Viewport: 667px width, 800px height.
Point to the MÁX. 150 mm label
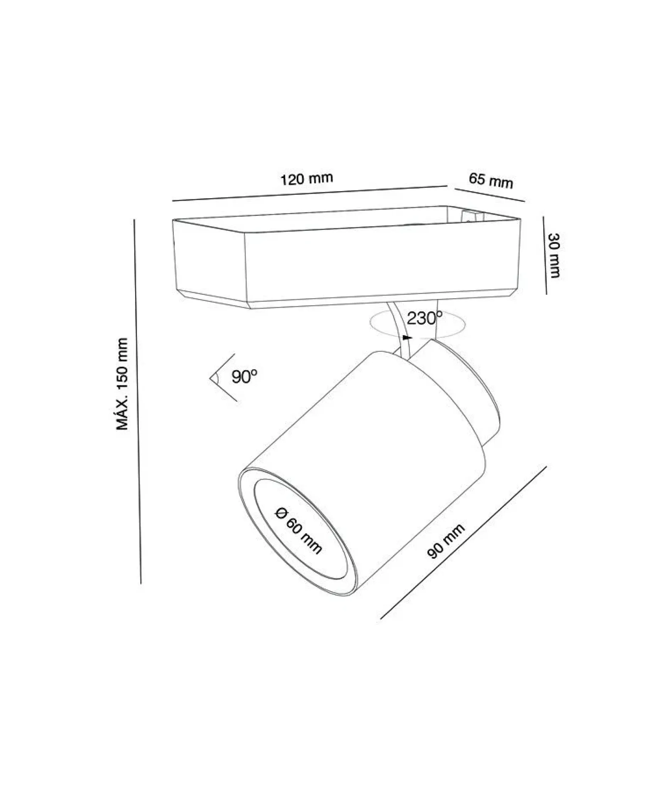[122, 384]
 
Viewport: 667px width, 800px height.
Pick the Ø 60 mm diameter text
[298, 530]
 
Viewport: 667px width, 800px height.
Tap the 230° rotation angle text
[425, 318]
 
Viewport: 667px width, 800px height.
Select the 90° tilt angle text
[244, 377]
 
